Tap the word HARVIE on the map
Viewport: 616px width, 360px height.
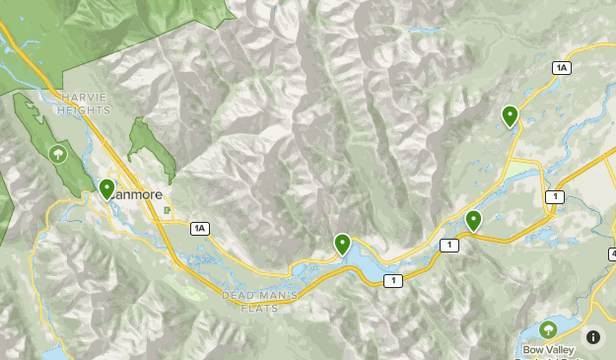point(81,98)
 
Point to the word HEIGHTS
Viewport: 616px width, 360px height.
point(84,109)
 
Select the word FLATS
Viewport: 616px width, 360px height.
point(259,308)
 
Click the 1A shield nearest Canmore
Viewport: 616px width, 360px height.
point(200,229)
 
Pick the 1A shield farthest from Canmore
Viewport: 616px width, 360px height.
point(561,67)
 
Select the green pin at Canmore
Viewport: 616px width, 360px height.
point(106,187)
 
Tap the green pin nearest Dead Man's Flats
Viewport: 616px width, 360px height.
point(342,243)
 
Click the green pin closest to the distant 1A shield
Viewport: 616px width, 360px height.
point(510,115)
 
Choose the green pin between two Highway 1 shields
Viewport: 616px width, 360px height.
point(473,220)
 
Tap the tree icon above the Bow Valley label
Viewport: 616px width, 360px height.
point(547,328)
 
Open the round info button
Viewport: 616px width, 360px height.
point(593,336)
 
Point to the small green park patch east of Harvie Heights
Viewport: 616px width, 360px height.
point(151,148)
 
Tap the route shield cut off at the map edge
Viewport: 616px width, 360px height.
point(611,253)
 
